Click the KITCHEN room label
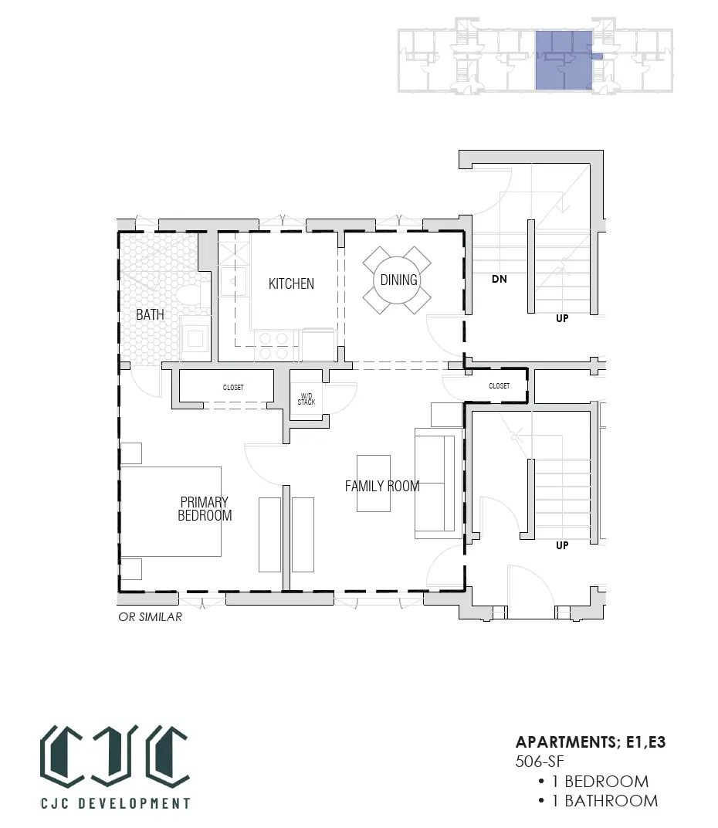(291, 283)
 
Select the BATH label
(150, 314)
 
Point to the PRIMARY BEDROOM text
(205, 508)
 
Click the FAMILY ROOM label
(382, 486)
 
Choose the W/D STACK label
(307, 399)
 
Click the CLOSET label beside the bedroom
(233, 388)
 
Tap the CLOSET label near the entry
(500, 386)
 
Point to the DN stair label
(500, 279)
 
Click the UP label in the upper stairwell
(562, 318)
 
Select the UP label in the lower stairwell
(562, 545)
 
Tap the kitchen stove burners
(273, 346)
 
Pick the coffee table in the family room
(374, 484)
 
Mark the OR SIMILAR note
(150, 617)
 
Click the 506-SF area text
(540, 762)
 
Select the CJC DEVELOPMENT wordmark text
(116, 803)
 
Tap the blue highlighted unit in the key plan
(564, 60)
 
